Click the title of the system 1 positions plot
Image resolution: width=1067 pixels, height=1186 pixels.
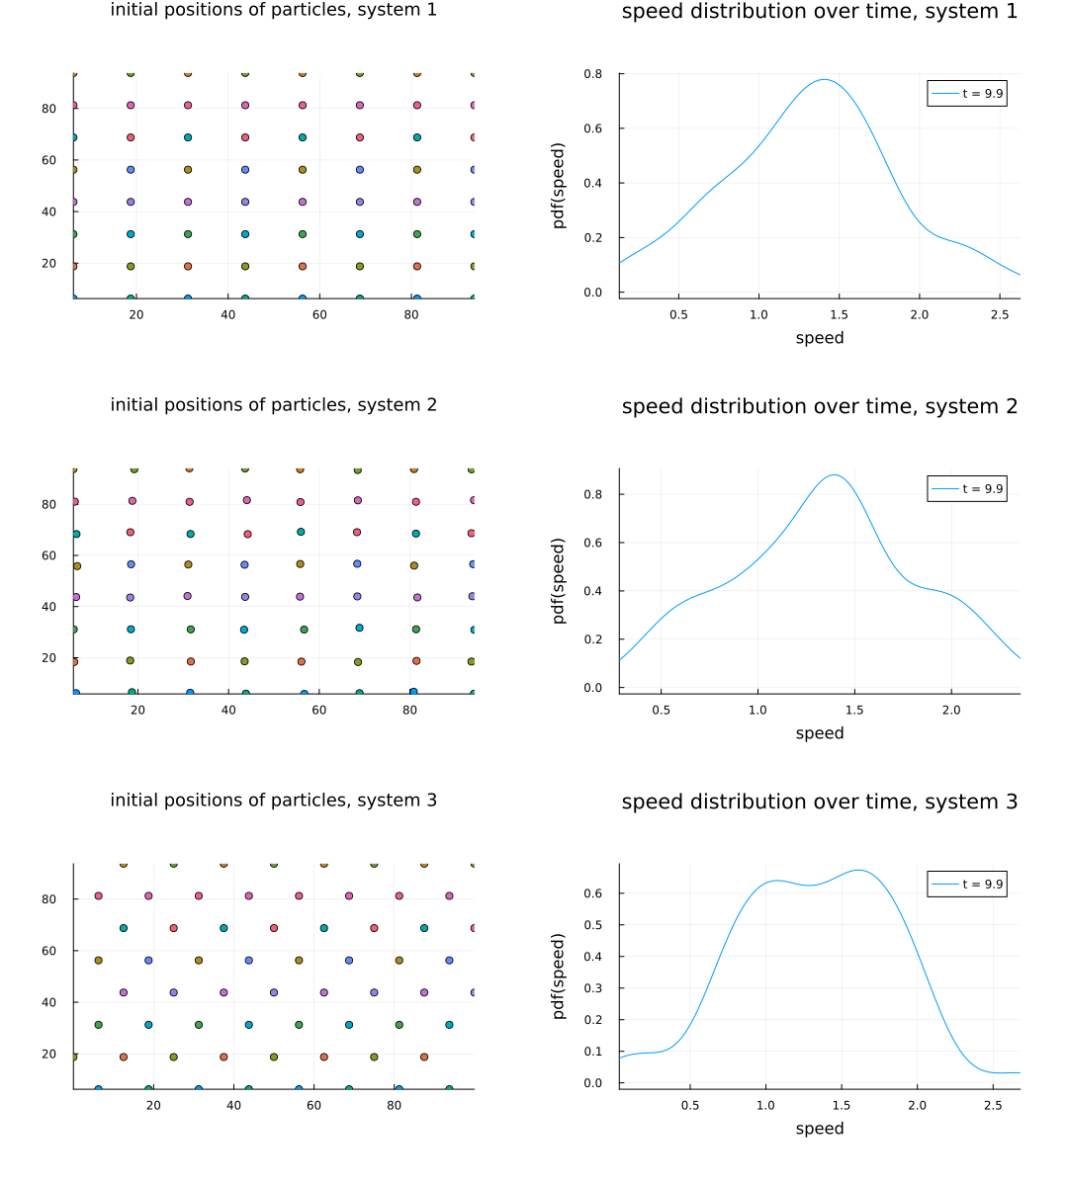(x=273, y=11)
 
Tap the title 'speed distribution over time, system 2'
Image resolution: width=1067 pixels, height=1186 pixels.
(x=819, y=406)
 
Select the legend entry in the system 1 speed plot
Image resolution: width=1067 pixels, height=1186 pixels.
(x=967, y=94)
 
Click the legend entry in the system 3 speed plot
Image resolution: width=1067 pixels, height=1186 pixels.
(x=967, y=885)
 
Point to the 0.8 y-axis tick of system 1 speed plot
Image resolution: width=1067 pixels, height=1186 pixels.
(x=592, y=74)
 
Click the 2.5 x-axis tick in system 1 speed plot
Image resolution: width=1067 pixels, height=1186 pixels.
(x=1000, y=314)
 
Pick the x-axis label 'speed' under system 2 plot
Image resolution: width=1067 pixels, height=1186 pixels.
(x=819, y=733)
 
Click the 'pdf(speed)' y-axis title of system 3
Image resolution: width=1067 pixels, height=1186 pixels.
(x=559, y=975)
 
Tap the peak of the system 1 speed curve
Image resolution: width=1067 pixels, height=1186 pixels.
(x=824, y=80)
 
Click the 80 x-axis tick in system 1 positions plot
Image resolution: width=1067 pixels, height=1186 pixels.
(x=412, y=314)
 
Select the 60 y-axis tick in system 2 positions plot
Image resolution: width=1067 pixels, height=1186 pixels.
(x=48, y=555)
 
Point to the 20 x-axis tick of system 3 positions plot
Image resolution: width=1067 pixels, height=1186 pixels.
(x=153, y=1105)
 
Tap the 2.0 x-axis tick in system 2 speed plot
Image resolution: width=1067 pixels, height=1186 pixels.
(x=950, y=710)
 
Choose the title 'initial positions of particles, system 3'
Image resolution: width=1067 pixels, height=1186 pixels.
(x=273, y=801)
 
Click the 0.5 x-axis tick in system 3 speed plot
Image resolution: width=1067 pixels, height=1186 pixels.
(x=690, y=1105)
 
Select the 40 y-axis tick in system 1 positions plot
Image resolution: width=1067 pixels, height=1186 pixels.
(x=48, y=212)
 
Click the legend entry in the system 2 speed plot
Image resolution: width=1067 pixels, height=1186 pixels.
(x=967, y=489)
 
